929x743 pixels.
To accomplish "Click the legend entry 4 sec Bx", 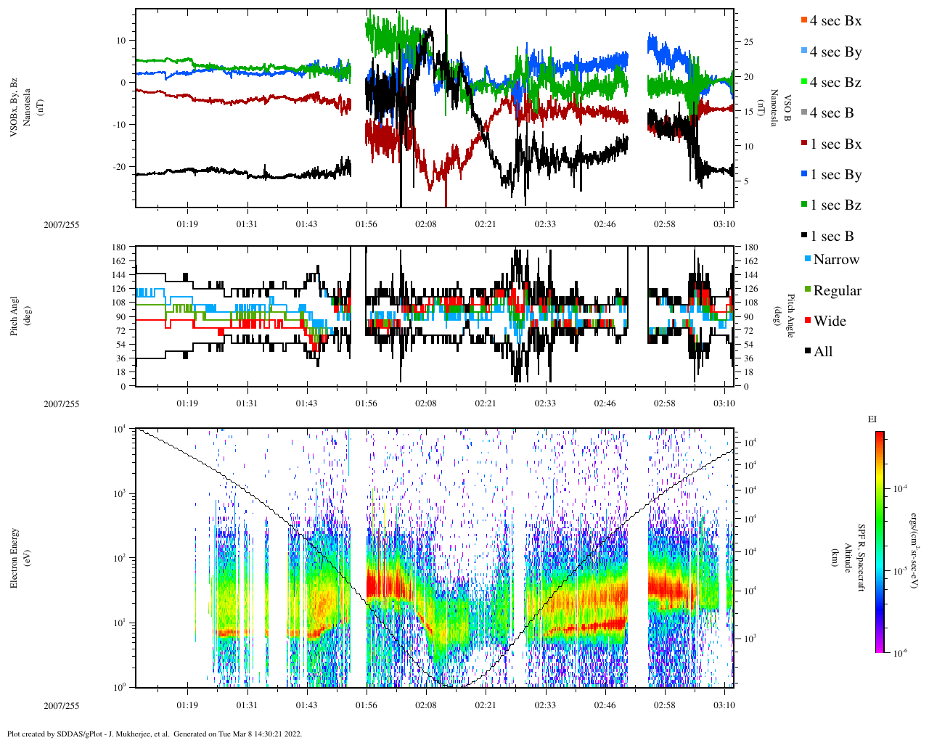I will point(835,21).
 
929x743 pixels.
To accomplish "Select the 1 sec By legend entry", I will point(835,175).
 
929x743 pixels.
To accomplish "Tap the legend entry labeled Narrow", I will point(835,260).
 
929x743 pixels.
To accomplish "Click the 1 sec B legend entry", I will point(832,237).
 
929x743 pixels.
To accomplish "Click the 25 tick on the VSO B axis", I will point(748,42).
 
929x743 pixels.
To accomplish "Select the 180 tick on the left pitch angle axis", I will point(120,247).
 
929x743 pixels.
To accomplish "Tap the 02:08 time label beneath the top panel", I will point(426,224).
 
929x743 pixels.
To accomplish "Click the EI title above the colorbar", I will point(872,419).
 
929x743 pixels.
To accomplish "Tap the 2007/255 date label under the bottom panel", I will point(61,706).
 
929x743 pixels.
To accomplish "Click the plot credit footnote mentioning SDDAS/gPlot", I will point(155,734).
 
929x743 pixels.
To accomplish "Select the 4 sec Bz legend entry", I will point(835,83).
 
